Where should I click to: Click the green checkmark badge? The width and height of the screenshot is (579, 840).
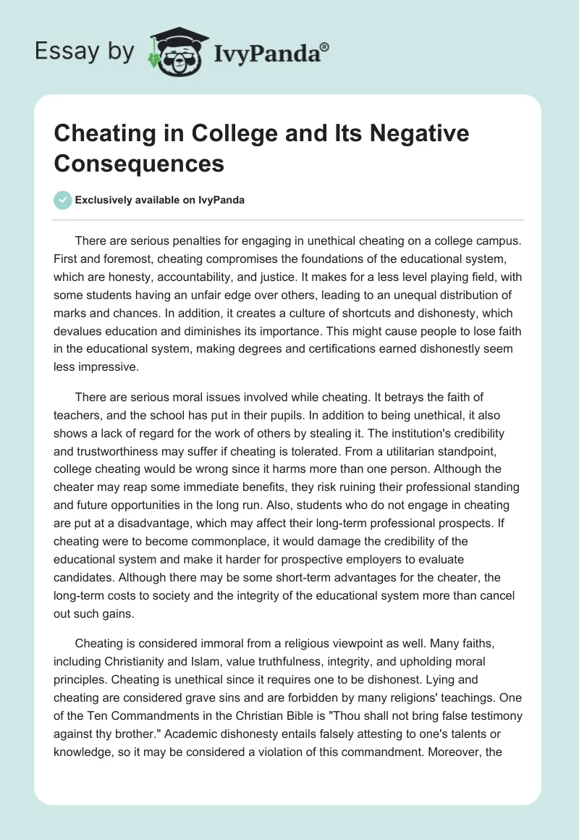63,200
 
